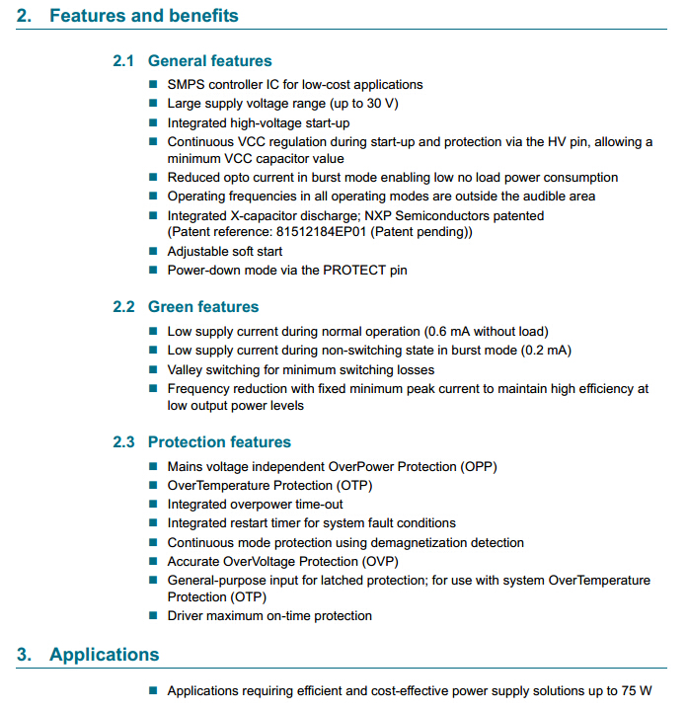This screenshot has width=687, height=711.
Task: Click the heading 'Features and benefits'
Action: (143, 16)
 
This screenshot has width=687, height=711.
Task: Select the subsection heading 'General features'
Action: (209, 61)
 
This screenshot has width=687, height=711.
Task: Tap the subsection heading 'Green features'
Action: (202, 307)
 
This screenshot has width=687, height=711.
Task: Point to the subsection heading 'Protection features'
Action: (219, 441)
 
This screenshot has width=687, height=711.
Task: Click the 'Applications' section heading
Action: (104, 655)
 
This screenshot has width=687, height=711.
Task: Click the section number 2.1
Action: (123, 61)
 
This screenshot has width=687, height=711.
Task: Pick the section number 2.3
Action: (123, 441)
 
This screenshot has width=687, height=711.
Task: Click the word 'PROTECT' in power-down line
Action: (337, 270)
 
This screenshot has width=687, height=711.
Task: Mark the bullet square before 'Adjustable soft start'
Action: (153, 252)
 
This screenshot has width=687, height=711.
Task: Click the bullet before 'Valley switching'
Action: (153, 370)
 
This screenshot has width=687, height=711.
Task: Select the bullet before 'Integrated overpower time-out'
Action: (153, 505)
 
